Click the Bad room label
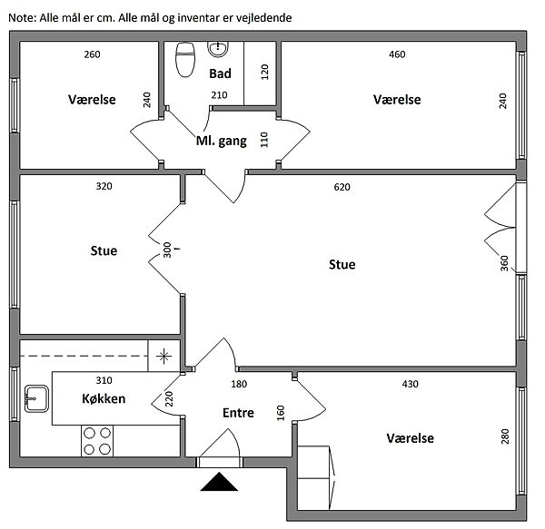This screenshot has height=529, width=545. (x=220, y=73)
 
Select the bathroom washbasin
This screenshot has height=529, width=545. (x=219, y=48)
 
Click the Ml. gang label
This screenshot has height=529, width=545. (x=221, y=141)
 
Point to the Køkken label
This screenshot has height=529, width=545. (x=104, y=398)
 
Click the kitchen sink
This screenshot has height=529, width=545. (x=37, y=397)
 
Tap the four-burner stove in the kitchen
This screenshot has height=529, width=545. (x=97, y=439)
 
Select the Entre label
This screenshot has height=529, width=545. (x=238, y=413)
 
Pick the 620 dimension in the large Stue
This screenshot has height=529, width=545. (x=342, y=188)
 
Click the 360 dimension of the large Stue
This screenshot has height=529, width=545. (x=504, y=264)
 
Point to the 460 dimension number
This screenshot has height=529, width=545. (x=397, y=54)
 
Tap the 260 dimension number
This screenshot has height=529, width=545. (x=92, y=54)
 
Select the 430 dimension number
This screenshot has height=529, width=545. (x=411, y=384)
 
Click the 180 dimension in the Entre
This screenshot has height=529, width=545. (x=239, y=384)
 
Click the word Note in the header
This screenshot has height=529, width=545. (x=23, y=17)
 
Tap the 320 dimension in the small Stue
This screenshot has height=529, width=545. (x=104, y=188)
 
